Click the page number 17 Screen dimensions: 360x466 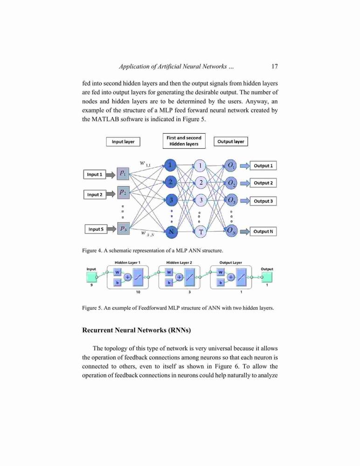point(274,66)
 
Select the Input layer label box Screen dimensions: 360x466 point(123,142)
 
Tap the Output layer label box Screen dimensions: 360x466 point(230,142)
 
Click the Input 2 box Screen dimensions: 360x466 point(95,194)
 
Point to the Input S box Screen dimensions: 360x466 point(96,229)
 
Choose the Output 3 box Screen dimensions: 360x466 point(263,201)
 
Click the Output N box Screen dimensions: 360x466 point(263,231)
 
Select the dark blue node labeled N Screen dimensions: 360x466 point(171,232)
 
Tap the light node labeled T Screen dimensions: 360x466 point(201,232)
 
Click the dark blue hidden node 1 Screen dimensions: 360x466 point(170,165)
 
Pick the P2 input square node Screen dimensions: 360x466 point(123,192)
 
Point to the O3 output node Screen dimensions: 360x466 point(231,200)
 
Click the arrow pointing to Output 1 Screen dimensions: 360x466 point(245,165)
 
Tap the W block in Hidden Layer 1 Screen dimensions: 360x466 point(117,272)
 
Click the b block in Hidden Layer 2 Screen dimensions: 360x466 point(169,283)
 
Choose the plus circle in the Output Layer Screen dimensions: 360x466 point(231,277)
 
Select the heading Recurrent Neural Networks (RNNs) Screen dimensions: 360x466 point(137,330)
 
